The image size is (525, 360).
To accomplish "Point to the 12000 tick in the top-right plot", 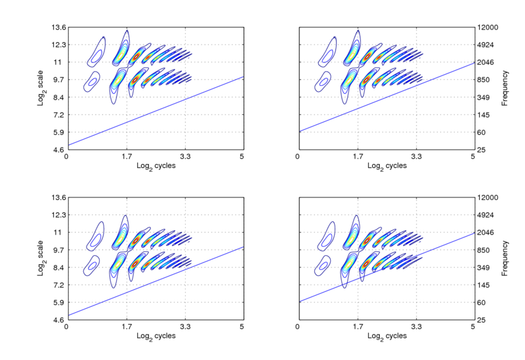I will tap(488, 28).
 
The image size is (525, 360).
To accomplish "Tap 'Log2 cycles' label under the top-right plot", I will tap(386, 167).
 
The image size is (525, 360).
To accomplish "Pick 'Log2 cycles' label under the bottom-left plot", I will tap(156, 336).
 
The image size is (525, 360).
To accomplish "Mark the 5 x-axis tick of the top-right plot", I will tap(473, 158).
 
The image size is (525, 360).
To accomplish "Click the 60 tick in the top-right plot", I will tap(482, 132).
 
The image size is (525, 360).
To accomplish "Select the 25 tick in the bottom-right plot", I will tap(482, 320).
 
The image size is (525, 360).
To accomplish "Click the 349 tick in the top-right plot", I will tap(484, 98).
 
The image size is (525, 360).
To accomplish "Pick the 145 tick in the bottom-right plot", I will tap(484, 285).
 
